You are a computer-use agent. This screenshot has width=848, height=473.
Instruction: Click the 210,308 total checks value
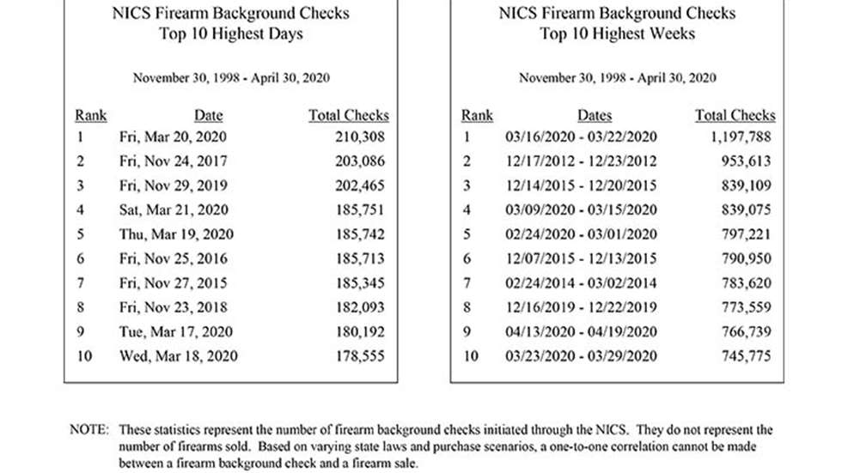(360, 136)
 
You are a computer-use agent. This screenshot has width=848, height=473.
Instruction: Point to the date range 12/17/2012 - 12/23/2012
(582, 161)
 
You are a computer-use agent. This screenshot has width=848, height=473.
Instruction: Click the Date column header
(208, 115)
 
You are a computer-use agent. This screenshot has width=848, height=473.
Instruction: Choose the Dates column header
(595, 115)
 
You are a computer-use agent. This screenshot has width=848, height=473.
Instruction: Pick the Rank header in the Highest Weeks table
(477, 115)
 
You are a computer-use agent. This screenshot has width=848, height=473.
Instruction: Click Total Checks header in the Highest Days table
(349, 115)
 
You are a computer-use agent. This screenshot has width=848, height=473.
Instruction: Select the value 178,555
(360, 355)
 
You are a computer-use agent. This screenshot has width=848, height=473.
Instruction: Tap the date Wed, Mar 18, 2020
(179, 355)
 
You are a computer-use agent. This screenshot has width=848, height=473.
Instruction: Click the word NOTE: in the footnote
(89, 429)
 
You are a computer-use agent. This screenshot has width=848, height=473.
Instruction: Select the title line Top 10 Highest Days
(231, 34)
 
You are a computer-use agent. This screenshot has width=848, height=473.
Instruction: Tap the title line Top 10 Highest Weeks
(617, 34)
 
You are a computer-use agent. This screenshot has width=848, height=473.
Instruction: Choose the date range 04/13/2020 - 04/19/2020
(582, 331)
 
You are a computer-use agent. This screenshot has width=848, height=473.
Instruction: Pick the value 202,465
(360, 185)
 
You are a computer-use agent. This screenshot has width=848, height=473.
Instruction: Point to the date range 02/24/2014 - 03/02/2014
(582, 282)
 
